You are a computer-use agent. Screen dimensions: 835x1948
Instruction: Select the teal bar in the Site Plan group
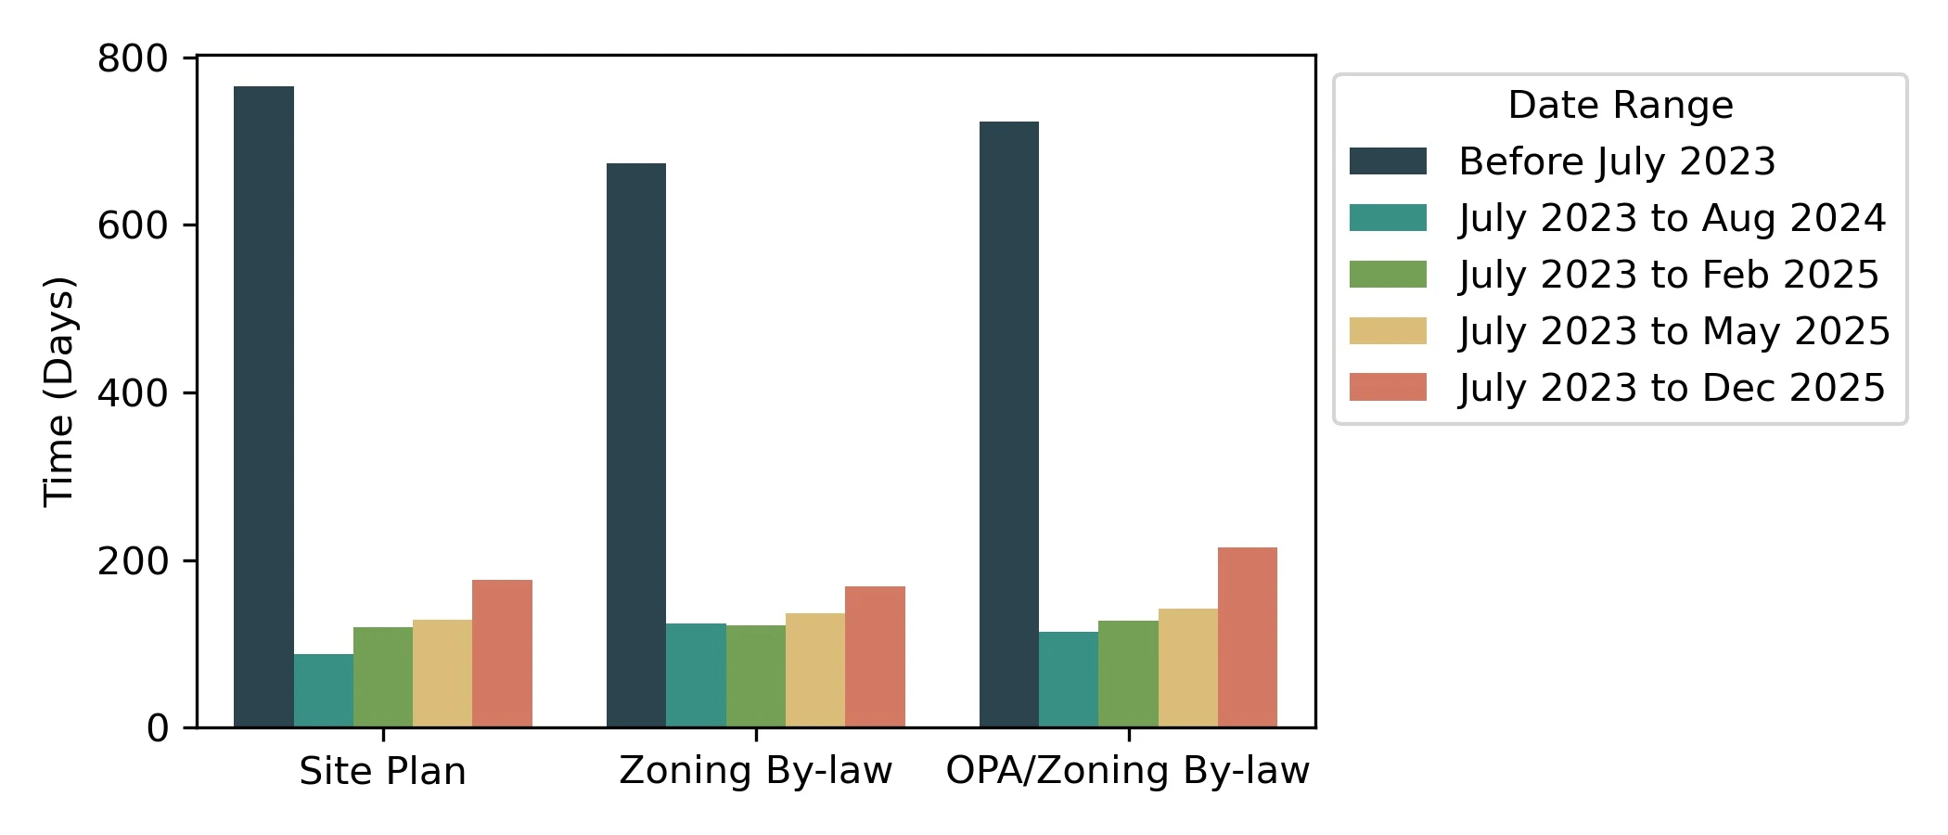(324, 690)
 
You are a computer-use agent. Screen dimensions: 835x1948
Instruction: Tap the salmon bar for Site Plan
(502, 653)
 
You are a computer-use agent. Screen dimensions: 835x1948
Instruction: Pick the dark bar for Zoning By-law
(636, 445)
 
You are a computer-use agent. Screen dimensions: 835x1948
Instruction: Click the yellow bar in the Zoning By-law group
(815, 670)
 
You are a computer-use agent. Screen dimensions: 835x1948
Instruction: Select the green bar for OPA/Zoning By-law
(1128, 674)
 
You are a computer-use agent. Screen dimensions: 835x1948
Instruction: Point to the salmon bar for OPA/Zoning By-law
(1248, 637)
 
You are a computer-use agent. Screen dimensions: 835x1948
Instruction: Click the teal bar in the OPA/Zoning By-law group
(1069, 679)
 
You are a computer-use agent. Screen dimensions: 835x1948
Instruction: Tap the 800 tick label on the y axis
(133, 58)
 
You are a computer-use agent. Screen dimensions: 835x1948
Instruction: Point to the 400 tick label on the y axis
(133, 393)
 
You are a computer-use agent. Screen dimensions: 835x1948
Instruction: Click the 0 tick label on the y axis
(158, 728)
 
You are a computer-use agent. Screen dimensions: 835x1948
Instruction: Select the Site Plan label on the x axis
(382, 772)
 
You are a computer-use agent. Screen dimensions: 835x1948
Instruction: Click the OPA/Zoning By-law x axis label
(1127, 772)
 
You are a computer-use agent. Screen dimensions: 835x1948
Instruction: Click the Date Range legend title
(1621, 105)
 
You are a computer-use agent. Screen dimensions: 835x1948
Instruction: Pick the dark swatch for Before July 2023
(1388, 161)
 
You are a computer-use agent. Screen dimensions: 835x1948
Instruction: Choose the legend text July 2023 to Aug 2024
(1672, 218)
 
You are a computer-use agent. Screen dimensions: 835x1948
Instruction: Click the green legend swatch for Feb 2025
(1388, 275)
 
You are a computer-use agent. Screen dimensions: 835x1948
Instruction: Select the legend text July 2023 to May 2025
(1674, 331)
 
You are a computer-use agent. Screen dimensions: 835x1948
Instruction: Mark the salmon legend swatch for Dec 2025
(1388, 388)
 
